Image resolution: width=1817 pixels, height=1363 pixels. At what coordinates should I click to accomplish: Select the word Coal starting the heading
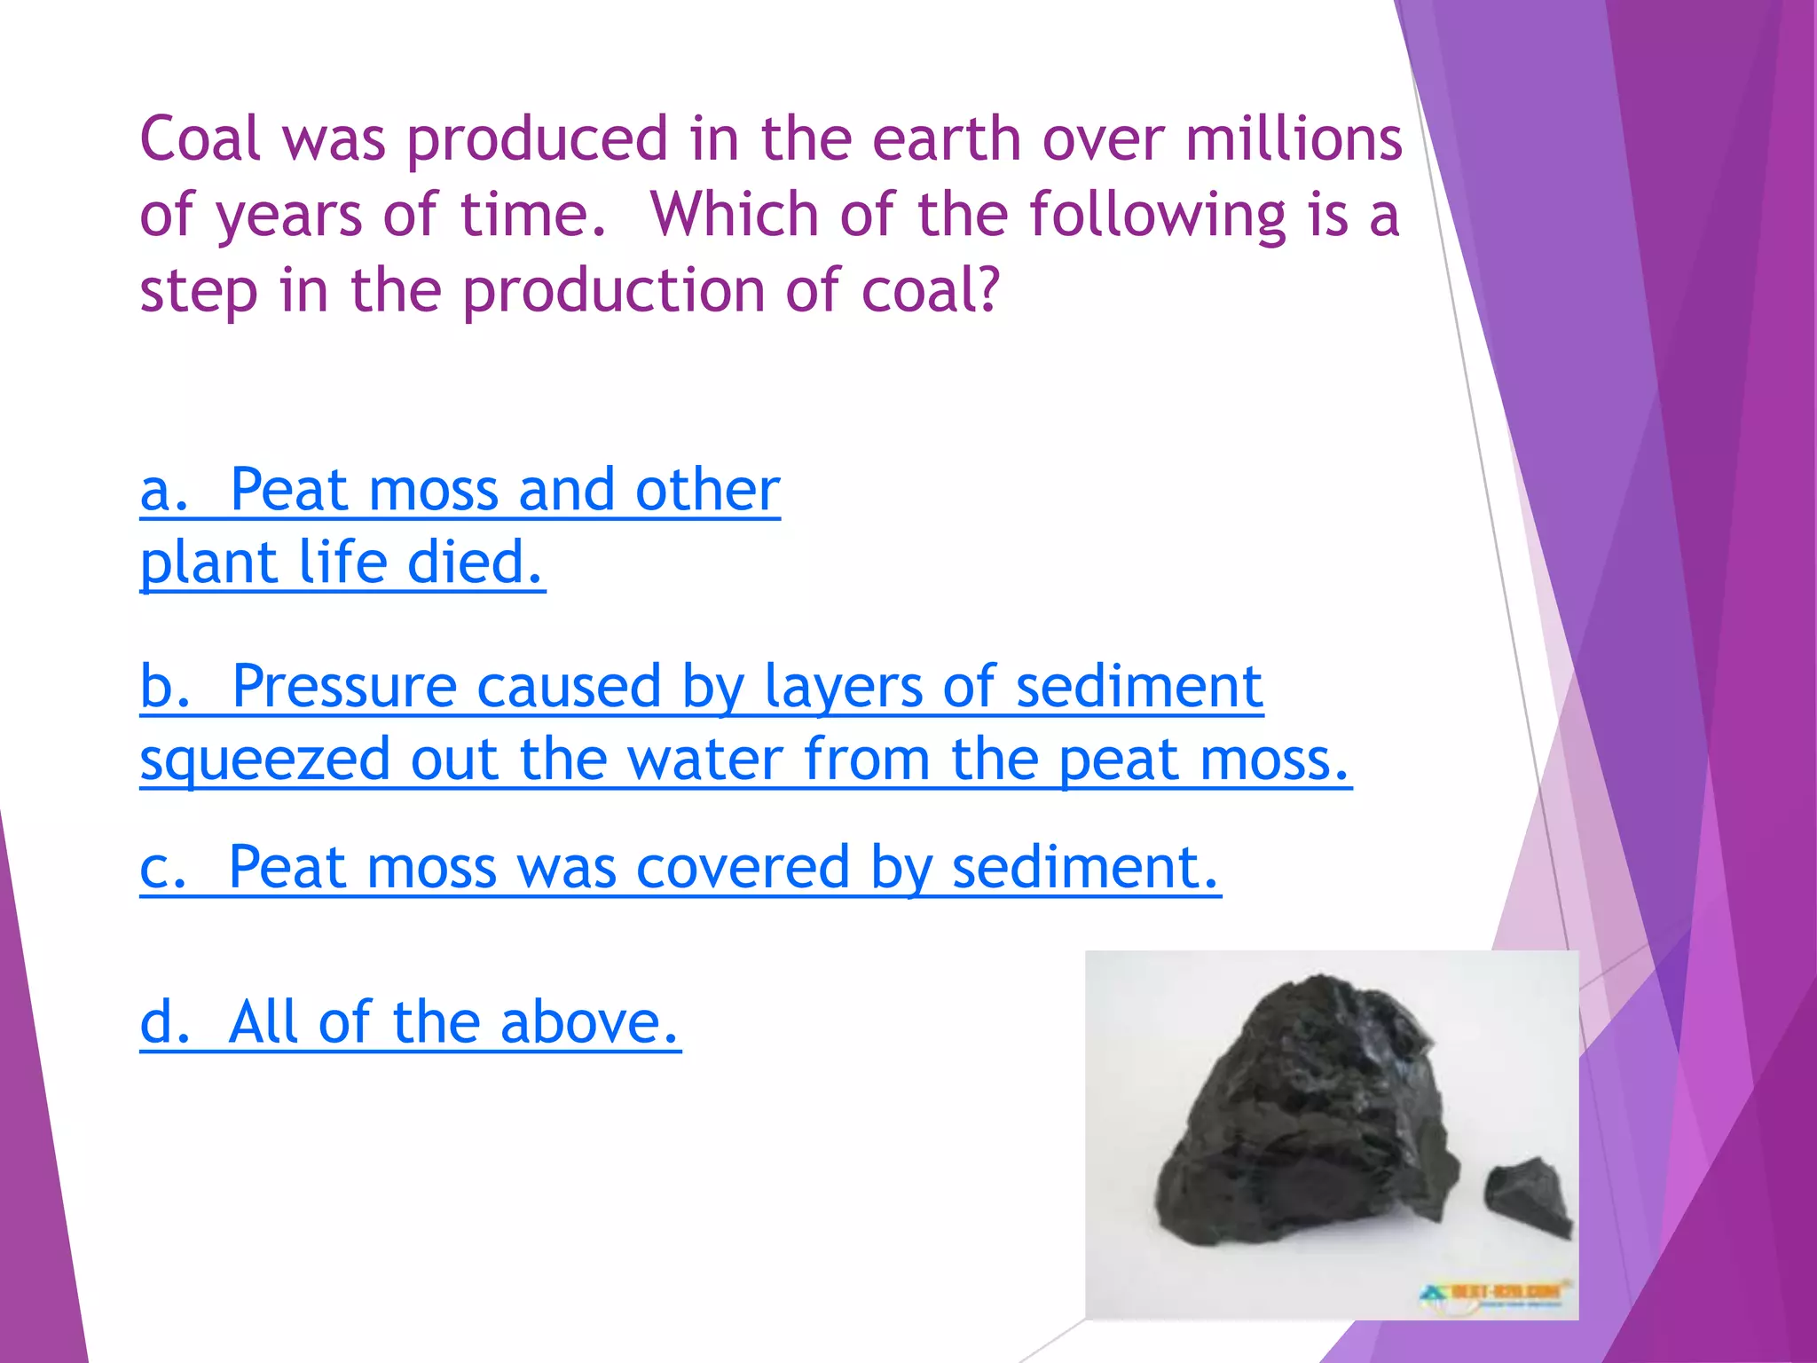(x=201, y=139)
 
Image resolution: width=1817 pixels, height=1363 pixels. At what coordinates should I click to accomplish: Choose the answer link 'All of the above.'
(x=410, y=1022)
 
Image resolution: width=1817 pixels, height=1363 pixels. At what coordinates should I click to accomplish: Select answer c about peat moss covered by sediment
(x=680, y=867)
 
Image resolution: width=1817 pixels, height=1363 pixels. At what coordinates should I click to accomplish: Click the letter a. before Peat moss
(x=165, y=490)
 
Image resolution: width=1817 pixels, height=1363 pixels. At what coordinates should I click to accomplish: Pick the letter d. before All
(x=165, y=1022)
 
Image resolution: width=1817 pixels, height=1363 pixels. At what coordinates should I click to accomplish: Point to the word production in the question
(x=613, y=290)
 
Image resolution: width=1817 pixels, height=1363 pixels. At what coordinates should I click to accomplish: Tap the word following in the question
(x=1157, y=215)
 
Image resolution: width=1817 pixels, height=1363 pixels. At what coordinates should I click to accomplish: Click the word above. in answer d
(x=590, y=1022)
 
